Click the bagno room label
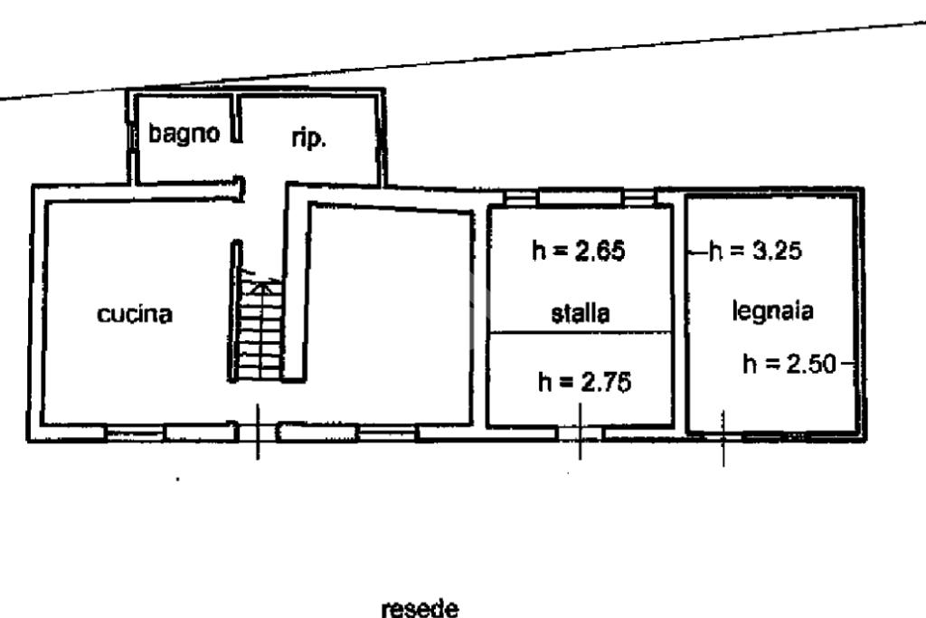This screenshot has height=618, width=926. (184, 134)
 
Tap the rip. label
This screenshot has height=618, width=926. (308, 138)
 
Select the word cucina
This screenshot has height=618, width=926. (136, 315)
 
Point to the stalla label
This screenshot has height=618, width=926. (581, 314)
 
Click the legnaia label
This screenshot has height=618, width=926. (772, 310)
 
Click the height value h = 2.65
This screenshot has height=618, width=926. (579, 252)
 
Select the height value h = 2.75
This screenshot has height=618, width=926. (583, 383)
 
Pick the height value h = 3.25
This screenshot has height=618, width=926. (755, 252)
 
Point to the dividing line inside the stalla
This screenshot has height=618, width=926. (581, 332)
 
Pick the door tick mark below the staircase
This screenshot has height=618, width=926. (259, 432)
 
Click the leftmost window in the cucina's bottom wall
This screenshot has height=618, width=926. (134, 433)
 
